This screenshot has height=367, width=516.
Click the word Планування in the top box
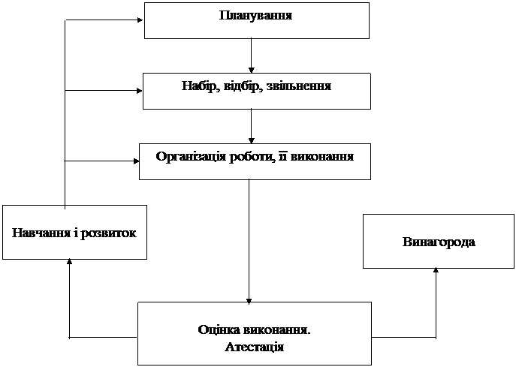tap(255, 16)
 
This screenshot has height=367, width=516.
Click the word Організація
tap(191, 157)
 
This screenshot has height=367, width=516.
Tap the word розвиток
tap(108, 233)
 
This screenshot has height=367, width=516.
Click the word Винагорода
tap(439, 242)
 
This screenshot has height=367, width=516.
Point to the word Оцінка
tap(219, 329)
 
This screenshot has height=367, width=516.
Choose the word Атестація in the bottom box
tap(255, 347)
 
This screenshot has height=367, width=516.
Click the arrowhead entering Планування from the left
tap(140, 20)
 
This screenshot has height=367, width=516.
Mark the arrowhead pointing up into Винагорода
tap(436, 270)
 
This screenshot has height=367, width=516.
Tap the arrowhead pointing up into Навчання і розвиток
tap(69, 261)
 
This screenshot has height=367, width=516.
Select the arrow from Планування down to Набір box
tap(252, 56)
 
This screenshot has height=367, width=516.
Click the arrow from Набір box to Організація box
tap(252, 126)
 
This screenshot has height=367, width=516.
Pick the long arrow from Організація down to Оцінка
tap(249, 241)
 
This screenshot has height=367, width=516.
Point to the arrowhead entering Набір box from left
tap(139, 90)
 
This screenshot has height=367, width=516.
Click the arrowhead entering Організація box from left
tap(136, 161)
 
